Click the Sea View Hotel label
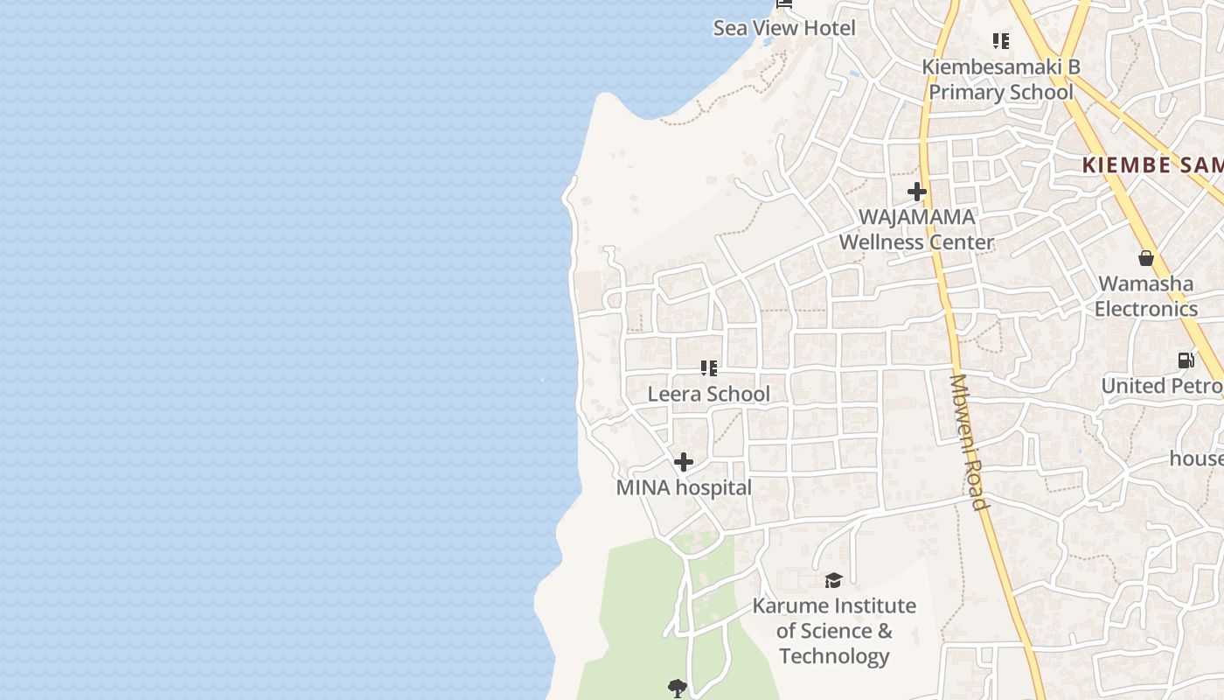click(x=784, y=28)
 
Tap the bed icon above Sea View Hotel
click(x=784, y=3)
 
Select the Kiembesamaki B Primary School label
click(x=1000, y=80)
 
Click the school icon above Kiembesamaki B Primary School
click(x=1001, y=40)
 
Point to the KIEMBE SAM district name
click(x=1152, y=164)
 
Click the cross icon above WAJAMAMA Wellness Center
click(x=916, y=191)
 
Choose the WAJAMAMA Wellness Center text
click(x=916, y=229)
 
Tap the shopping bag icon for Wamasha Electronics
click(x=1145, y=257)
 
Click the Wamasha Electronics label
click(x=1145, y=296)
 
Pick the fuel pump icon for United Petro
click(x=1186, y=360)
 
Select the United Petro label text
click(x=1162, y=386)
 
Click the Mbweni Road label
click(x=969, y=442)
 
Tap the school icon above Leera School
click(x=708, y=368)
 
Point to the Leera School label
click(x=708, y=395)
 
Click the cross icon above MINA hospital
click(x=684, y=461)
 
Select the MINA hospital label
click(x=684, y=488)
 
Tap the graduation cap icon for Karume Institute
click(x=833, y=580)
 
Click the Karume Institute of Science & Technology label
click(x=834, y=631)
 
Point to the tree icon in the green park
click(x=677, y=688)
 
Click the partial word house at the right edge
click(x=1197, y=458)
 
